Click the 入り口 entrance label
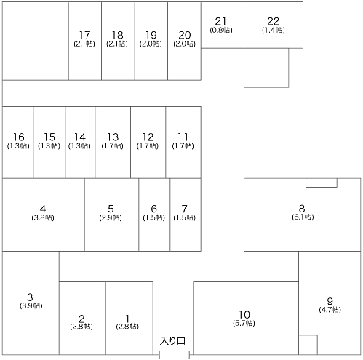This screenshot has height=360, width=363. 172,341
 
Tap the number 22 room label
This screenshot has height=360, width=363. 274,21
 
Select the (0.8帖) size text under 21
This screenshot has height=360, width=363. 221,31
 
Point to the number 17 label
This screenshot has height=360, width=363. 84,35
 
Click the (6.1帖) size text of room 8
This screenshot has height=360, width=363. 303,217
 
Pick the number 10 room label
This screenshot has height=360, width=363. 244,314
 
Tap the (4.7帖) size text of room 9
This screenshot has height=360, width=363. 330,310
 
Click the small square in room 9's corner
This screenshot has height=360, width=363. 308,345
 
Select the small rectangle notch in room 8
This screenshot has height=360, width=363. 322,183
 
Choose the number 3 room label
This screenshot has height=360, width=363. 30,297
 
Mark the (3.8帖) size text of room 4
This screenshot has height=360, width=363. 43,217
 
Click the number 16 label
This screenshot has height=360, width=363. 19,137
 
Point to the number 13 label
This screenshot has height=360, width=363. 113,137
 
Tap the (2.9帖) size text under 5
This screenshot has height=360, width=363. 111,217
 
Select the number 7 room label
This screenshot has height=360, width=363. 185,209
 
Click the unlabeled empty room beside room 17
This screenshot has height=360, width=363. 36,41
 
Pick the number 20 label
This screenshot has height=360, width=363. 185,35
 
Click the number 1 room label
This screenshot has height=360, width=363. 127,319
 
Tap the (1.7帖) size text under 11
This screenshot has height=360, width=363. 183,146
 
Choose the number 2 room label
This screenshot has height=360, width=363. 81,319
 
